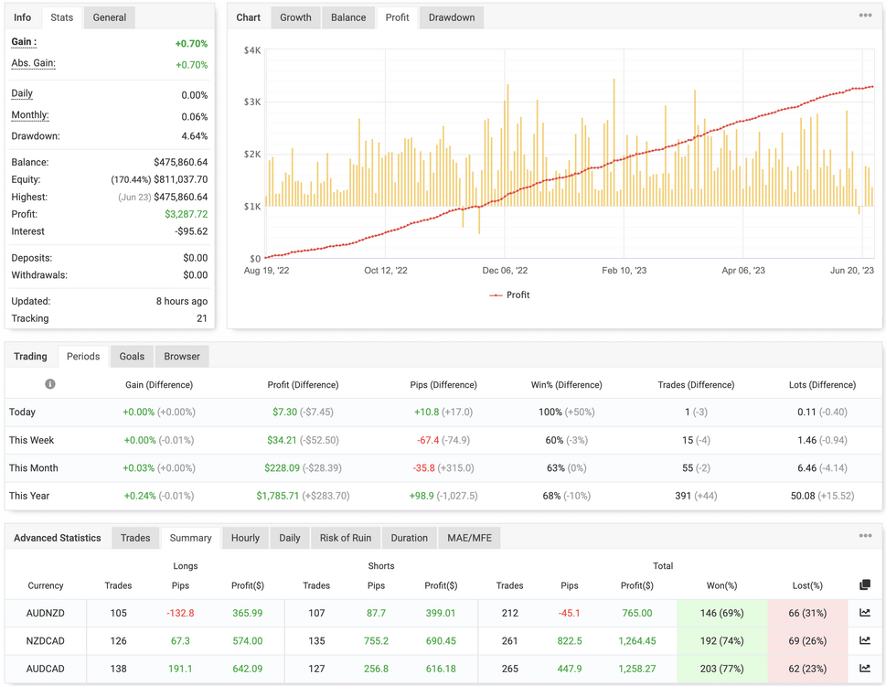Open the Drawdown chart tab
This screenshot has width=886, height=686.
(452, 17)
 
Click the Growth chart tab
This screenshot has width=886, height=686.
(295, 17)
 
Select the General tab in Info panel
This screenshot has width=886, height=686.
(110, 17)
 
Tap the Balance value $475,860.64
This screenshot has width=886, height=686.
(181, 162)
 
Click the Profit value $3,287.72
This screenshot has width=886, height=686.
(187, 214)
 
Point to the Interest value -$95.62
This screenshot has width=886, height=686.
(191, 231)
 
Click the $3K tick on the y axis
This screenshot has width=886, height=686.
(252, 102)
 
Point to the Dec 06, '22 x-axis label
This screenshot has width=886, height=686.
(505, 270)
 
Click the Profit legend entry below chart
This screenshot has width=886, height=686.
(509, 295)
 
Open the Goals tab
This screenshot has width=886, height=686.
(132, 357)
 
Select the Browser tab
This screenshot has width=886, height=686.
(182, 357)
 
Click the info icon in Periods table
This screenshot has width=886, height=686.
(50, 384)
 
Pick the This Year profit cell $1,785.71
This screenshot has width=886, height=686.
(277, 496)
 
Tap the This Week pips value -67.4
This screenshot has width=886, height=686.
(428, 440)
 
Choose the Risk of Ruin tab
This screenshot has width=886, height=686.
(346, 538)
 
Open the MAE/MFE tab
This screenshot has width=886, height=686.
(470, 538)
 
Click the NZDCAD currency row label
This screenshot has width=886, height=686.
(45, 641)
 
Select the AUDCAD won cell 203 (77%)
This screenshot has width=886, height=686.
(721, 669)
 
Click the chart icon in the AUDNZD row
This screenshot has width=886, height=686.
(865, 613)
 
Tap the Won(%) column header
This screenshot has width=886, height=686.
(721, 585)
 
